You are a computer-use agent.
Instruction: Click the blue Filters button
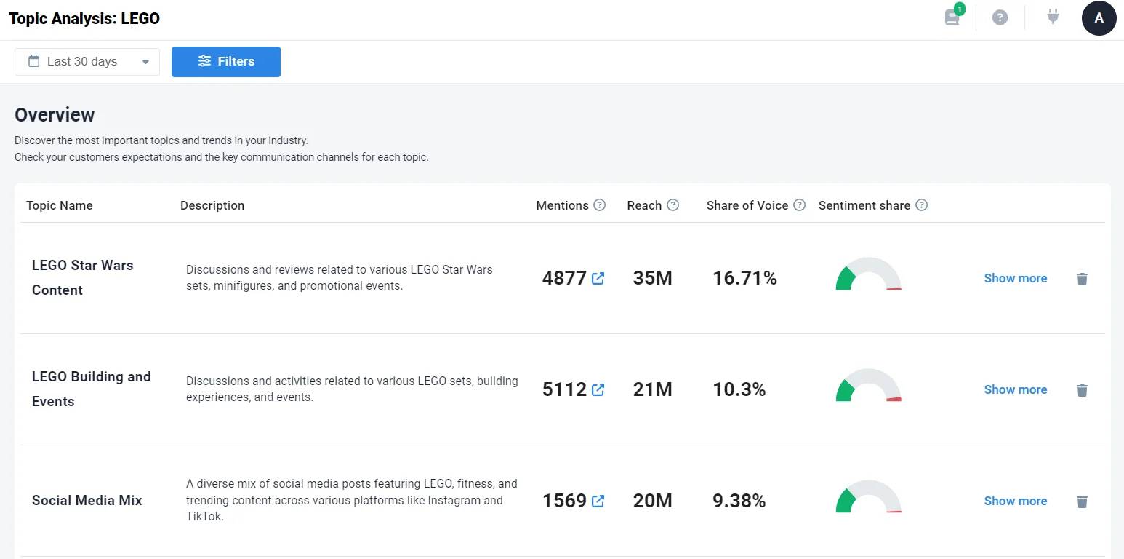(226, 62)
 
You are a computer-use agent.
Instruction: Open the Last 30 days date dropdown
(87, 62)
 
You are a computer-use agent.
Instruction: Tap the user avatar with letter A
(1099, 18)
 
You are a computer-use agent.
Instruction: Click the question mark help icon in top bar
(1000, 17)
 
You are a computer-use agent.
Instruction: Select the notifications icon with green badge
(952, 17)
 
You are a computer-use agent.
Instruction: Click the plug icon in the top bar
(1053, 17)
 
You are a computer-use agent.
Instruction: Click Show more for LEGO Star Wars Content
(1015, 278)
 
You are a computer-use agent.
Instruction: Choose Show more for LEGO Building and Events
(1015, 389)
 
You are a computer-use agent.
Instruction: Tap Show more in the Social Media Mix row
(1015, 501)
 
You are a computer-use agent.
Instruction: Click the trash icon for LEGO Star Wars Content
(1082, 279)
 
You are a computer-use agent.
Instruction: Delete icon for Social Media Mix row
(1082, 501)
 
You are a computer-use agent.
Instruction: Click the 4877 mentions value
(564, 278)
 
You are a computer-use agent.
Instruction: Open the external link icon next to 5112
(598, 389)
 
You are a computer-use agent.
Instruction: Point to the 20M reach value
(652, 501)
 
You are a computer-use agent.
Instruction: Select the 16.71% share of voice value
(744, 278)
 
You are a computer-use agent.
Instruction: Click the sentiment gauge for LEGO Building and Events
(868, 386)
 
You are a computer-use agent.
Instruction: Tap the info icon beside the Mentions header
(599, 205)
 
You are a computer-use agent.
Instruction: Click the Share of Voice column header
(747, 205)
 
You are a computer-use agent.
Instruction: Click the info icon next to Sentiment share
(921, 205)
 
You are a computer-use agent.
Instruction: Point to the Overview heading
(55, 115)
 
